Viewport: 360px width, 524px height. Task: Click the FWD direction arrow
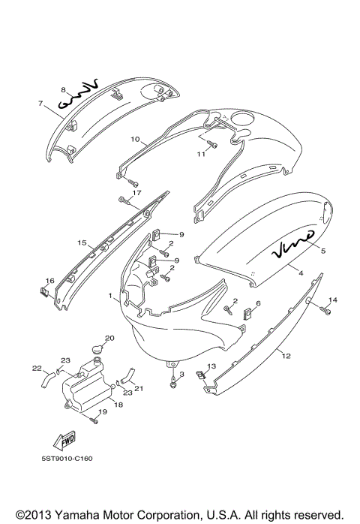(x=64, y=441)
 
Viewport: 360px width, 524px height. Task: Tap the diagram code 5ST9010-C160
(x=67, y=459)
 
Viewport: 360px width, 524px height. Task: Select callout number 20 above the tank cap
(x=109, y=338)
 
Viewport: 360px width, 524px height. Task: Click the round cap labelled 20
(x=97, y=350)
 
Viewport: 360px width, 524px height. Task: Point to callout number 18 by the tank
(x=118, y=405)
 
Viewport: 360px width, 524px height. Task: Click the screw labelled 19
(x=94, y=420)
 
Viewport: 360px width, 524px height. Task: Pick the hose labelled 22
(x=47, y=381)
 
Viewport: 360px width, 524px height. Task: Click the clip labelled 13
(x=201, y=375)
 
